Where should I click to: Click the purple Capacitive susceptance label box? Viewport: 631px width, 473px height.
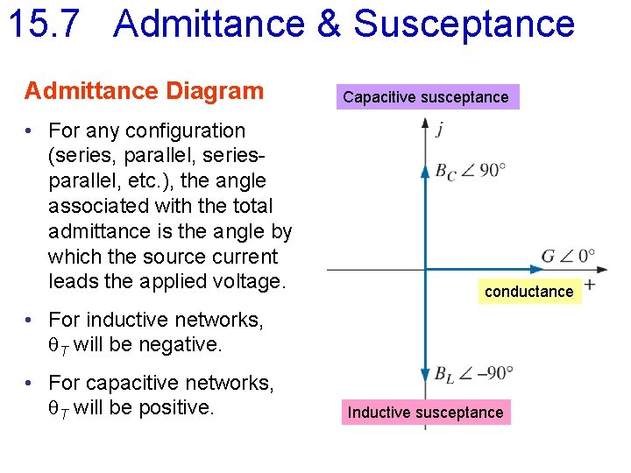[425, 97]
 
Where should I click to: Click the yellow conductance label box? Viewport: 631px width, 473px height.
[528, 292]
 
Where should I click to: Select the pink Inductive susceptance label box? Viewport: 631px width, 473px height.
[425, 413]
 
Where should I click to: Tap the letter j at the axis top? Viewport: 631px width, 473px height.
[439, 130]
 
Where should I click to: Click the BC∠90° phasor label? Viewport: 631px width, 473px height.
[470, 171]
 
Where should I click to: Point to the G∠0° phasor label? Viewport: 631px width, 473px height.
[568, 257]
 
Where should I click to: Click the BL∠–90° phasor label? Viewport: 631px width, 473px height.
[473, 374]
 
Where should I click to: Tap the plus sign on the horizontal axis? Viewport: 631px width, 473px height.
[590, 285]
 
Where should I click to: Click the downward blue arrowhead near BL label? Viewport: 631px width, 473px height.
[425, 372]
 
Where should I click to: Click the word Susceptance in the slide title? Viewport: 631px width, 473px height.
[464, 25]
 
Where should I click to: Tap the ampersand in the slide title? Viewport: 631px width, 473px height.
[328, 25]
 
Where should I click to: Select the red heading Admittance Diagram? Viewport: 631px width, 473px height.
[144, 91]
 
